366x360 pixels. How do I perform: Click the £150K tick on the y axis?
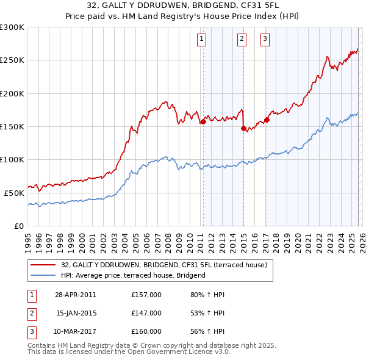click(x=12, y=127)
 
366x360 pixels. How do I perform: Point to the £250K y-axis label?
click(x=12, y=60)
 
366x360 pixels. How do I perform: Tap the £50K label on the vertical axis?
click(x=14, y=193)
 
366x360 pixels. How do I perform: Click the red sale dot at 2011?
click(x=203, y=122)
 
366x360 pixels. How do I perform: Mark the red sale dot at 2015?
click(x=243, y=128)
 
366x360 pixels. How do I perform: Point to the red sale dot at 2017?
click(x=267, y=120)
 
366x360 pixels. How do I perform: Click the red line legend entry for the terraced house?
click(x=163, y=265)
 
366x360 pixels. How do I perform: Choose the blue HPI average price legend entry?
click(x=133, y=276)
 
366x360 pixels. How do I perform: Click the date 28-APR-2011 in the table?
click(x=75, y=295)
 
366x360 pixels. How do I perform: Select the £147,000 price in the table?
click(x=146, y=313)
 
